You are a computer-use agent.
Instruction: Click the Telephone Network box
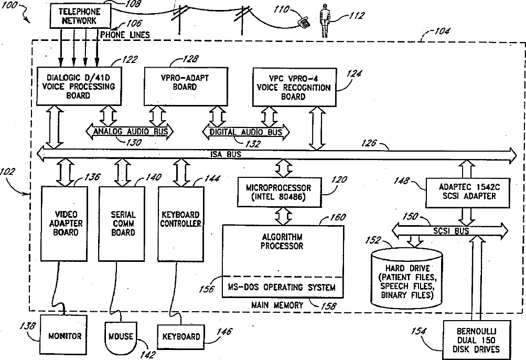[80, 16]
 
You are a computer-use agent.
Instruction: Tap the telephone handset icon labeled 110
[304, 22]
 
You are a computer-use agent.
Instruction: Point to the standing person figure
[324, 20]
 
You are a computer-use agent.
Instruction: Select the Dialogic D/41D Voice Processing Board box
[79, 86]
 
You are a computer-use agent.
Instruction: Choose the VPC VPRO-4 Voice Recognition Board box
[294, 87]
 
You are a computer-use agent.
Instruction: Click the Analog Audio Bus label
[130, 131]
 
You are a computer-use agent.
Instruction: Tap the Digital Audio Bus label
[246, 132]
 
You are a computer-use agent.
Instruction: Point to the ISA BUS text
[226, 154]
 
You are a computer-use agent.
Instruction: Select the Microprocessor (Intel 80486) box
[279, 192]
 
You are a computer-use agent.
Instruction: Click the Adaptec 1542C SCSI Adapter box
[469, 193]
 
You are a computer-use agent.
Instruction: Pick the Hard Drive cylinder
[406, 278]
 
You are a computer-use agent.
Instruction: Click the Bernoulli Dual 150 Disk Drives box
[477, 340]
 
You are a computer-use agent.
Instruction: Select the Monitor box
[65, 336]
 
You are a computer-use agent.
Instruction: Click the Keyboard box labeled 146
[181, 337]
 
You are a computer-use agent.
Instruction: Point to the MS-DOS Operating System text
[282, 288]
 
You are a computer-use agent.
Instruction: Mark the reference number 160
[338, 217]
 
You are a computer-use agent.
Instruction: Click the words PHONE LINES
[125, 35]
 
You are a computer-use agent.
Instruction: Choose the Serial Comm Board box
[122, 224]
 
